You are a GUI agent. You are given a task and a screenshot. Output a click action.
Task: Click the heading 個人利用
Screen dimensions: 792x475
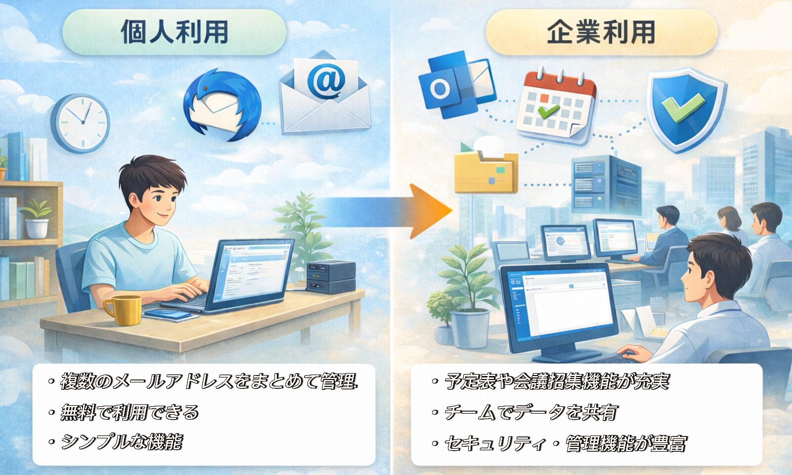175,32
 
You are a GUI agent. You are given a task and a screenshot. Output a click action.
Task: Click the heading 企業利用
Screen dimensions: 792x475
602,32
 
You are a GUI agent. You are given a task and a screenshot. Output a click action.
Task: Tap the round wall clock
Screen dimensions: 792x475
81,123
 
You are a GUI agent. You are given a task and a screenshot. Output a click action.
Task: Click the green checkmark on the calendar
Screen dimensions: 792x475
548,111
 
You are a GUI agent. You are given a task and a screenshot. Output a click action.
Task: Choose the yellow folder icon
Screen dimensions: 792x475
486,172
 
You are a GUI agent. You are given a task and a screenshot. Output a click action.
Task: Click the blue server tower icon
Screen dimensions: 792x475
606,185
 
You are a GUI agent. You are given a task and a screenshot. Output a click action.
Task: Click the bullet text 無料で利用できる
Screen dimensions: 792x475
130,412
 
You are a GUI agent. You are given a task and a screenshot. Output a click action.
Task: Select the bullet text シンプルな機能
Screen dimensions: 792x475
121,442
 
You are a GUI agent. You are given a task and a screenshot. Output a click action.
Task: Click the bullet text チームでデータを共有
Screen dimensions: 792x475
531,412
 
